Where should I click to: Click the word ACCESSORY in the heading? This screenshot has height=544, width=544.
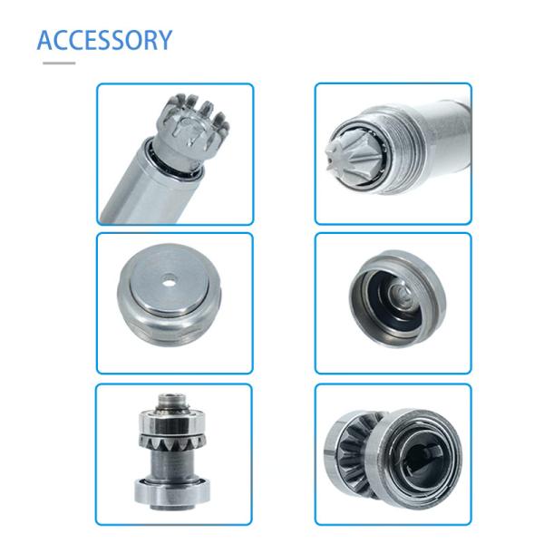click(x=104, y=40)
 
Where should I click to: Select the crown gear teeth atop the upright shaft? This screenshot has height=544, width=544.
click(x=191, y=118)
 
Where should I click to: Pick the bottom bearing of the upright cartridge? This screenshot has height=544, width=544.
click(x=172, y=495)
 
